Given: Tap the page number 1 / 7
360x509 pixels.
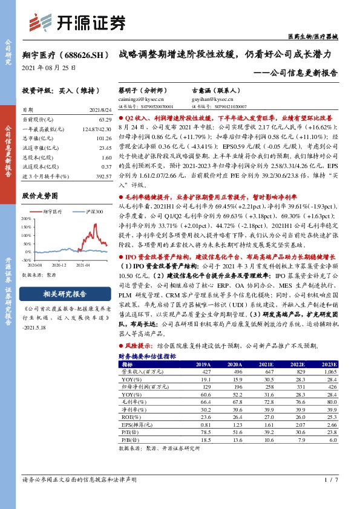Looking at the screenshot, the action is coord(329,479).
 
